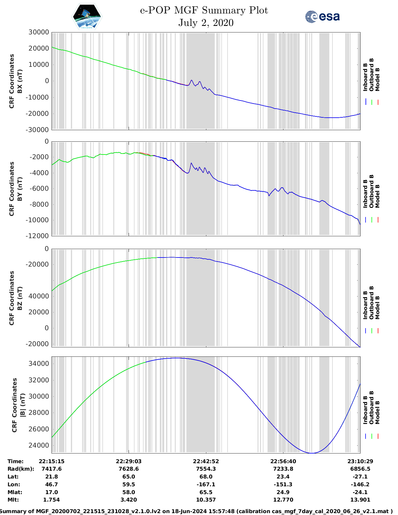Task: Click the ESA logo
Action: tap(322, 17)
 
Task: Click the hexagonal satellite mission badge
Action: tap(87, 17)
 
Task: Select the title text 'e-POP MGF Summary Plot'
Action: tap(204, 10)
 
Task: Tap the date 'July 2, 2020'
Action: tap(206, 23)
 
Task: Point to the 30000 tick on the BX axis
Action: tap(38, 32)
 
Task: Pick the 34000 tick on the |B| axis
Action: tap(38, 364)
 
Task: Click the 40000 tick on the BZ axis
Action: tap(38, 296)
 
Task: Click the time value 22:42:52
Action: tap(206, 461)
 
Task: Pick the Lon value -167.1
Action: tap(206, 484)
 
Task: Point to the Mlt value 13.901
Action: tap(360, 500)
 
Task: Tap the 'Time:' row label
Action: tap(16, 461)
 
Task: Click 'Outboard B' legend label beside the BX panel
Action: tap(371, 75)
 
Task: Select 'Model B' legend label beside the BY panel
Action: tap(377, 196)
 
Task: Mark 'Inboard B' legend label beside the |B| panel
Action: tap(365, 410)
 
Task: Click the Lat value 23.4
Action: tap(283, 477)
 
